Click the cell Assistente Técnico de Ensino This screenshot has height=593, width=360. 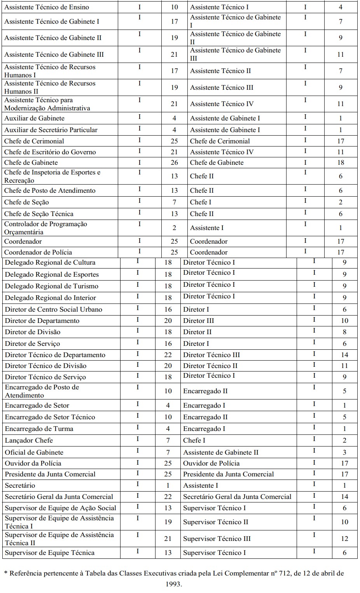[x=47, y=7]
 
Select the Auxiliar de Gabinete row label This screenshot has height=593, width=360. [x=34, y=118]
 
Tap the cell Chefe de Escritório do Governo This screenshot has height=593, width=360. [x=50, y=152]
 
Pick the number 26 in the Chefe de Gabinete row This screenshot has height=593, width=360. [x=174, y=162]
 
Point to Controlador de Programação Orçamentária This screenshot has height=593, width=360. [x=45, y=228]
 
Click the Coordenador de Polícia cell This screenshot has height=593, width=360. [x=38, y=252]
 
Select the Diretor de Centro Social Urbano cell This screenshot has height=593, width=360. [x=53, y=309]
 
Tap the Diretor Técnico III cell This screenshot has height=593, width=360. [x=211, y=355]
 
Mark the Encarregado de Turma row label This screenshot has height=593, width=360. [x=39, y=429]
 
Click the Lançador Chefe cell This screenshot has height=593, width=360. [x=29, y=440]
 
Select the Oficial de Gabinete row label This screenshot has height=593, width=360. [x=34, y=452]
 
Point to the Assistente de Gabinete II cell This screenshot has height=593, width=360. [x=220, y=452]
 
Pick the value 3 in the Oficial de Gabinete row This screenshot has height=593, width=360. [x=344, y=452]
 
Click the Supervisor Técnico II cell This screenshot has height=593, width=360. [x=215, y=522]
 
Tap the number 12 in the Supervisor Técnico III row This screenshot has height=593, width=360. [x=344, y=539]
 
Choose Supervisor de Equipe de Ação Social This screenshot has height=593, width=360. [x=60, y=508]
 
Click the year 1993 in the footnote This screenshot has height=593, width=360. [x=173, y=584]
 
